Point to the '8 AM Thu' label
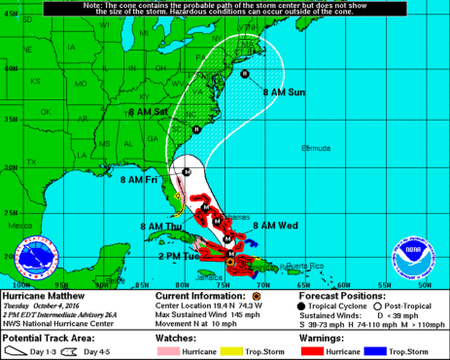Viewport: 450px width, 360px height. tap(160, 226)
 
